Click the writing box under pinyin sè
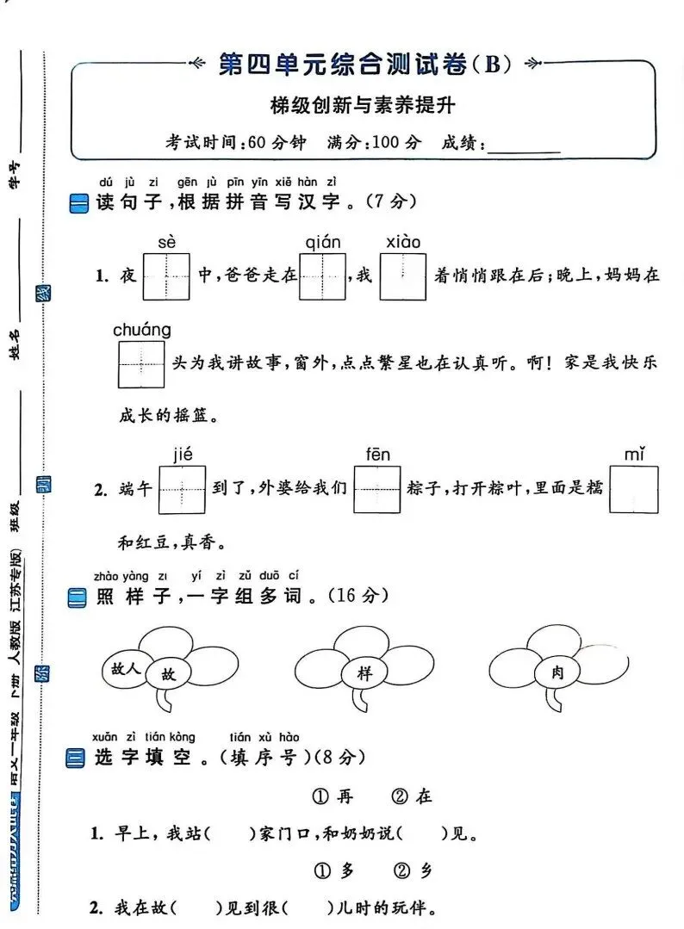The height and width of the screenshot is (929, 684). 166,276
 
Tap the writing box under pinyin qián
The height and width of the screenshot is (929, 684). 323,276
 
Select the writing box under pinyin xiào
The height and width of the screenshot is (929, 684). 402,276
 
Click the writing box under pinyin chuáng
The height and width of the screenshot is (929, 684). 141,364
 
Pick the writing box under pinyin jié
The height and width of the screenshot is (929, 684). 183,490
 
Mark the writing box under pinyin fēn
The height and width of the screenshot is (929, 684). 377,490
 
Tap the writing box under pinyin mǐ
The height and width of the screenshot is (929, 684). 634,490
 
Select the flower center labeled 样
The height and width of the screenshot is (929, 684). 364,674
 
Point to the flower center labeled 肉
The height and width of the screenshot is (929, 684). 557,673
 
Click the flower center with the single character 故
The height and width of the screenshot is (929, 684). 169,675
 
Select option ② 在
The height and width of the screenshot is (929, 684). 413,797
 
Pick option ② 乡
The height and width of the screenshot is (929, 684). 414,870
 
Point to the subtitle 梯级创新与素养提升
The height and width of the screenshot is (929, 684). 362,106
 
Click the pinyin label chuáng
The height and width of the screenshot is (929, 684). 141,330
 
